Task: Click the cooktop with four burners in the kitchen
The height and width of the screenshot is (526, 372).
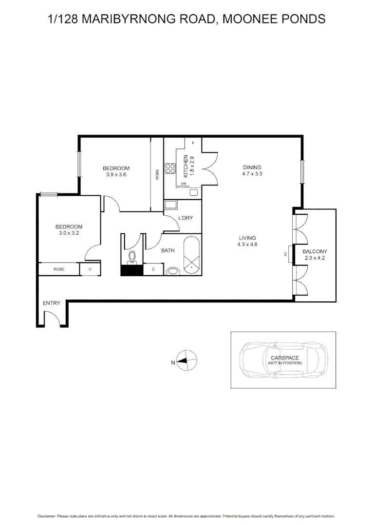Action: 170,169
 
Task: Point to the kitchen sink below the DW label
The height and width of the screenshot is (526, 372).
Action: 193,192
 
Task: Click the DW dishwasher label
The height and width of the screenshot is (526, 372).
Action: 184,184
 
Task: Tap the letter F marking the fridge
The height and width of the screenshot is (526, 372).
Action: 193,143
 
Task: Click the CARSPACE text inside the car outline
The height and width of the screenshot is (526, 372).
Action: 285,358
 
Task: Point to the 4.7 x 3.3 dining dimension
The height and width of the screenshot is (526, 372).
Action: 252,173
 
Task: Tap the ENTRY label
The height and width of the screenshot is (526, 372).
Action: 52,303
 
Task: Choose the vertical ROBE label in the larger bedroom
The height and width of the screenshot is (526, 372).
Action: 157,174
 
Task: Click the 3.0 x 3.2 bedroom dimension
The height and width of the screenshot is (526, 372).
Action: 68,233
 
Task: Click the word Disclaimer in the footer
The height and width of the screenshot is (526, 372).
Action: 47,516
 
